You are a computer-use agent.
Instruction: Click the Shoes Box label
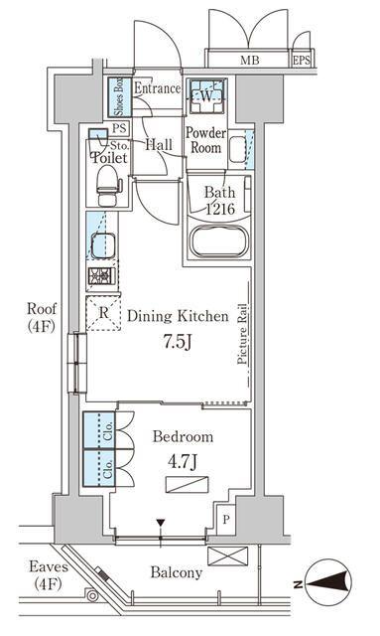[120, 96]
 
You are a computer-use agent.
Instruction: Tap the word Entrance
[157, 88]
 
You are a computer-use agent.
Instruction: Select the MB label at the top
[250, 61]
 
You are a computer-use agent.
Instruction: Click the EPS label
[302, 61]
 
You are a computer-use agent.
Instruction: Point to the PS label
[119, 129]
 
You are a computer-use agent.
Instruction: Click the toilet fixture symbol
[107, 186]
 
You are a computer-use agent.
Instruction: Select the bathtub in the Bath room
[218, 241]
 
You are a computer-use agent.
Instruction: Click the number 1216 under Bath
[220, 209]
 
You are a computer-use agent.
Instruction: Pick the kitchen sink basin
[103, 245]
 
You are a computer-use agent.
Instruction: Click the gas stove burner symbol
[100, 276]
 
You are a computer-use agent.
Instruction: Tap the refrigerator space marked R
[104, 312]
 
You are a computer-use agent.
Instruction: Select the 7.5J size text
[178, 343]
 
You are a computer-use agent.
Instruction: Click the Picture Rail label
[242, 334]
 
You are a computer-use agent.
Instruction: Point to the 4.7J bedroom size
[183, 462]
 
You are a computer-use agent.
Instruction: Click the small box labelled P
[226, 519]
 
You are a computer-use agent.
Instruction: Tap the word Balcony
[177, 572]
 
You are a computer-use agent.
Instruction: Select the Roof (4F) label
[42, 318]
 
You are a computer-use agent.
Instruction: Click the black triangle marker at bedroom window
[161, 522]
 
